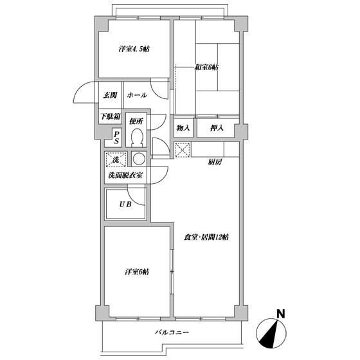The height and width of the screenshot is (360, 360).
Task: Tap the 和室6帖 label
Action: click(206, 67)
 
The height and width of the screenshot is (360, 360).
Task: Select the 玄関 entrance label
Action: click(109, 95)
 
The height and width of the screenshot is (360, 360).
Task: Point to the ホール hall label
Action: click(137, 95)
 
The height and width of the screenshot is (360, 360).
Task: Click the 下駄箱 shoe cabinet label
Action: click(110, 116)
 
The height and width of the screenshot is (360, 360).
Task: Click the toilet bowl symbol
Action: click(136, 136)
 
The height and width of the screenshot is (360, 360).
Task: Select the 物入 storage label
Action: click(183, 128)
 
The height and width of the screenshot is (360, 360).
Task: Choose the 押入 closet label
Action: click(217, 128)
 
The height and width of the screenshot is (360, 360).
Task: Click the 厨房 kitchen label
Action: click(215, 162)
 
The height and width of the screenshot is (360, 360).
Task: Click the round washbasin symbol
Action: click(138, 159)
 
